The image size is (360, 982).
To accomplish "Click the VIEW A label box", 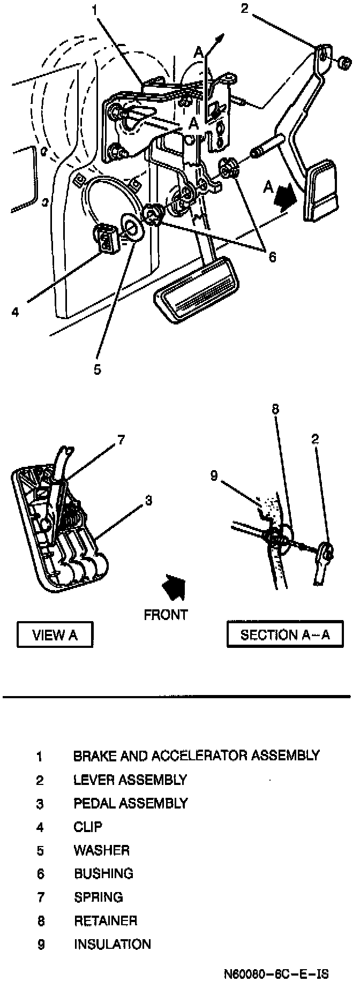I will coord(55,634).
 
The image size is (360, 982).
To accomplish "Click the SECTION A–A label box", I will coord(284,634).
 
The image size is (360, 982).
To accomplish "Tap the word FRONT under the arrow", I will coord(166,614).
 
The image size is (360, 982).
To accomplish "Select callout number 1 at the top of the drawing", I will coord(94,10).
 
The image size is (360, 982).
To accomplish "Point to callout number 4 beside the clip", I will coord(16,311).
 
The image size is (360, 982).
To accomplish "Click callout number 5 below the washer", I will coord(97,369).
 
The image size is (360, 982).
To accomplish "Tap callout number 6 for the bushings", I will coord(272,258).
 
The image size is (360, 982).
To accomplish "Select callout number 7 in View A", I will coord(121,440).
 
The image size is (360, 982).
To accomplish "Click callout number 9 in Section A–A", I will coord(214,475).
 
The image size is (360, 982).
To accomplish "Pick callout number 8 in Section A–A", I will coord(275,410).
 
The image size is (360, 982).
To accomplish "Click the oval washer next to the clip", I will coord(132,226).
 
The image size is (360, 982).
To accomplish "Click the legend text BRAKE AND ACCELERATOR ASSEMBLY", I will coord(196,756).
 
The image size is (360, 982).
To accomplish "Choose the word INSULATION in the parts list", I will coord(112,944).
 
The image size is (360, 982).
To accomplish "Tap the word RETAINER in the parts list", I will coord(106,920).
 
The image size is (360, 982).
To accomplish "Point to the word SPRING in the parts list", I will coord(98,897).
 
